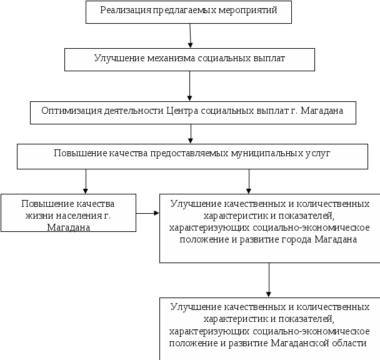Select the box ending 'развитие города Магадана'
(269, 228)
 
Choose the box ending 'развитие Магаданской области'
(269, 329)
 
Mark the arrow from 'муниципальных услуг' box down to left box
(86, 181)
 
